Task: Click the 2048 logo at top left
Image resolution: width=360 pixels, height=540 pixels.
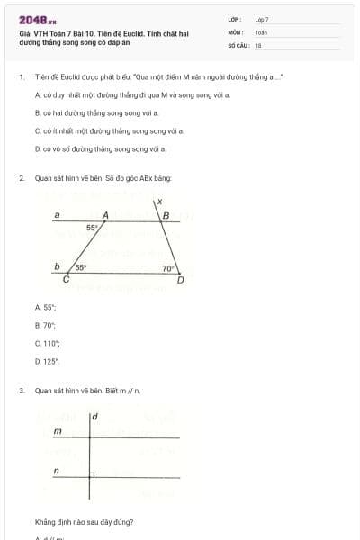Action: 31,19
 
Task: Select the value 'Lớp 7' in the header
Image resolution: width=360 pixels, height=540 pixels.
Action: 262,19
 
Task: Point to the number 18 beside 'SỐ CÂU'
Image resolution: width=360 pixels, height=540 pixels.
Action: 258,44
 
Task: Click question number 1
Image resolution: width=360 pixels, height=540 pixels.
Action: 21,77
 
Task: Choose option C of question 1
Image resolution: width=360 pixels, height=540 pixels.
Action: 109,130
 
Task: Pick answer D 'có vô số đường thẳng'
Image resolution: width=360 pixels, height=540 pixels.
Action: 100,148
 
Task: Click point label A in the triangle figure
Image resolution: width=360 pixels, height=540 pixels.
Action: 105,215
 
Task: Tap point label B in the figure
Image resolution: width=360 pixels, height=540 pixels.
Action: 166,215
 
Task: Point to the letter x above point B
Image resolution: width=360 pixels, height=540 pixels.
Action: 158,201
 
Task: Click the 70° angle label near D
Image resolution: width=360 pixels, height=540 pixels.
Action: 167,268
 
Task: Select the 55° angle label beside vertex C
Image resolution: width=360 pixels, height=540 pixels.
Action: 80,267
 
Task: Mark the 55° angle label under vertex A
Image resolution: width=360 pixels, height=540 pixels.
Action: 92,229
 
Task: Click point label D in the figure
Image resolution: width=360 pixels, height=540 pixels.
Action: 180,281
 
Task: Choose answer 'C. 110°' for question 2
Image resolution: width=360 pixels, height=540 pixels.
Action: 48,343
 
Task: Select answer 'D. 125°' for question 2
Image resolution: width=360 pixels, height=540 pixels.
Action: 47,361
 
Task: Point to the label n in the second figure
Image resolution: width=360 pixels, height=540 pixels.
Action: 57,471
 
